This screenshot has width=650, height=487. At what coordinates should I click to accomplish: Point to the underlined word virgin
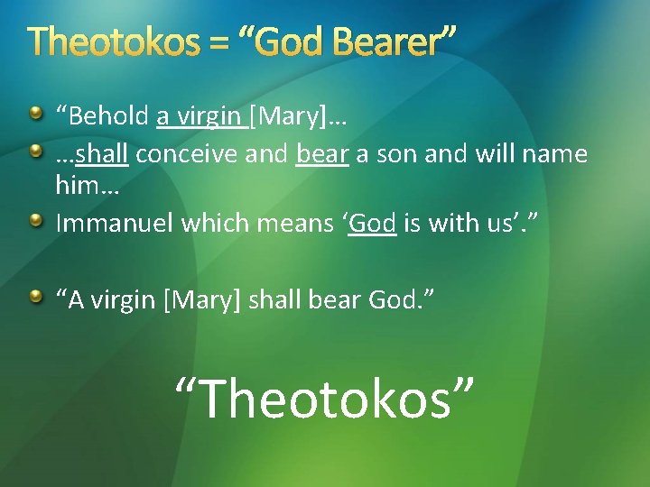coord(208,116)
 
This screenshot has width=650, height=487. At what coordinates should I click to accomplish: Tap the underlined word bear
coord(322,155)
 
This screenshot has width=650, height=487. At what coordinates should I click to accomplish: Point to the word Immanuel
coord(115,223)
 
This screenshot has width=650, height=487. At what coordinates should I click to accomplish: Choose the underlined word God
coord(373,223)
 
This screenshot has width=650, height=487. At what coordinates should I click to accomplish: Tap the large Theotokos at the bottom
coord(325,397)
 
